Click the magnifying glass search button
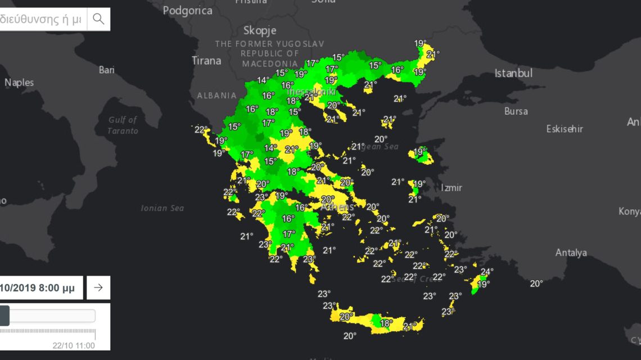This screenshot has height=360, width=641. point(98,19)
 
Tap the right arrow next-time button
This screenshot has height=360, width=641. point(98,287)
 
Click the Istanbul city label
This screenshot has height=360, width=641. point(513,73)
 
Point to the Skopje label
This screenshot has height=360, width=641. point(260,30)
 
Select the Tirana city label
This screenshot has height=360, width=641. point(206,61)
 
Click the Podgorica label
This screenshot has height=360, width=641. point(188,10)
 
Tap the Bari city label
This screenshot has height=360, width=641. point(107,70)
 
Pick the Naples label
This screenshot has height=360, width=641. point(19,83)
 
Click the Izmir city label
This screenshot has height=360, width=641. point(451,188)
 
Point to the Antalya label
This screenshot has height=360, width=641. point(571,253)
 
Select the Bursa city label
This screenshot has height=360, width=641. point(516,111)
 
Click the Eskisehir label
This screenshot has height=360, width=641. point(565,129)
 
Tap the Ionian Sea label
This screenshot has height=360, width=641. point(162,208)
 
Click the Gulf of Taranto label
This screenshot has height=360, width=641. point(123,125)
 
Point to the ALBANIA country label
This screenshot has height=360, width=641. point(216,96)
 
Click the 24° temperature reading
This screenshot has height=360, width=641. point(487,272)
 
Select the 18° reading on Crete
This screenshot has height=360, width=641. point(386,323)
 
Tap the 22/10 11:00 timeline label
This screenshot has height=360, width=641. point(74,345)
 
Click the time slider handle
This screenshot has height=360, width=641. point(4,316)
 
